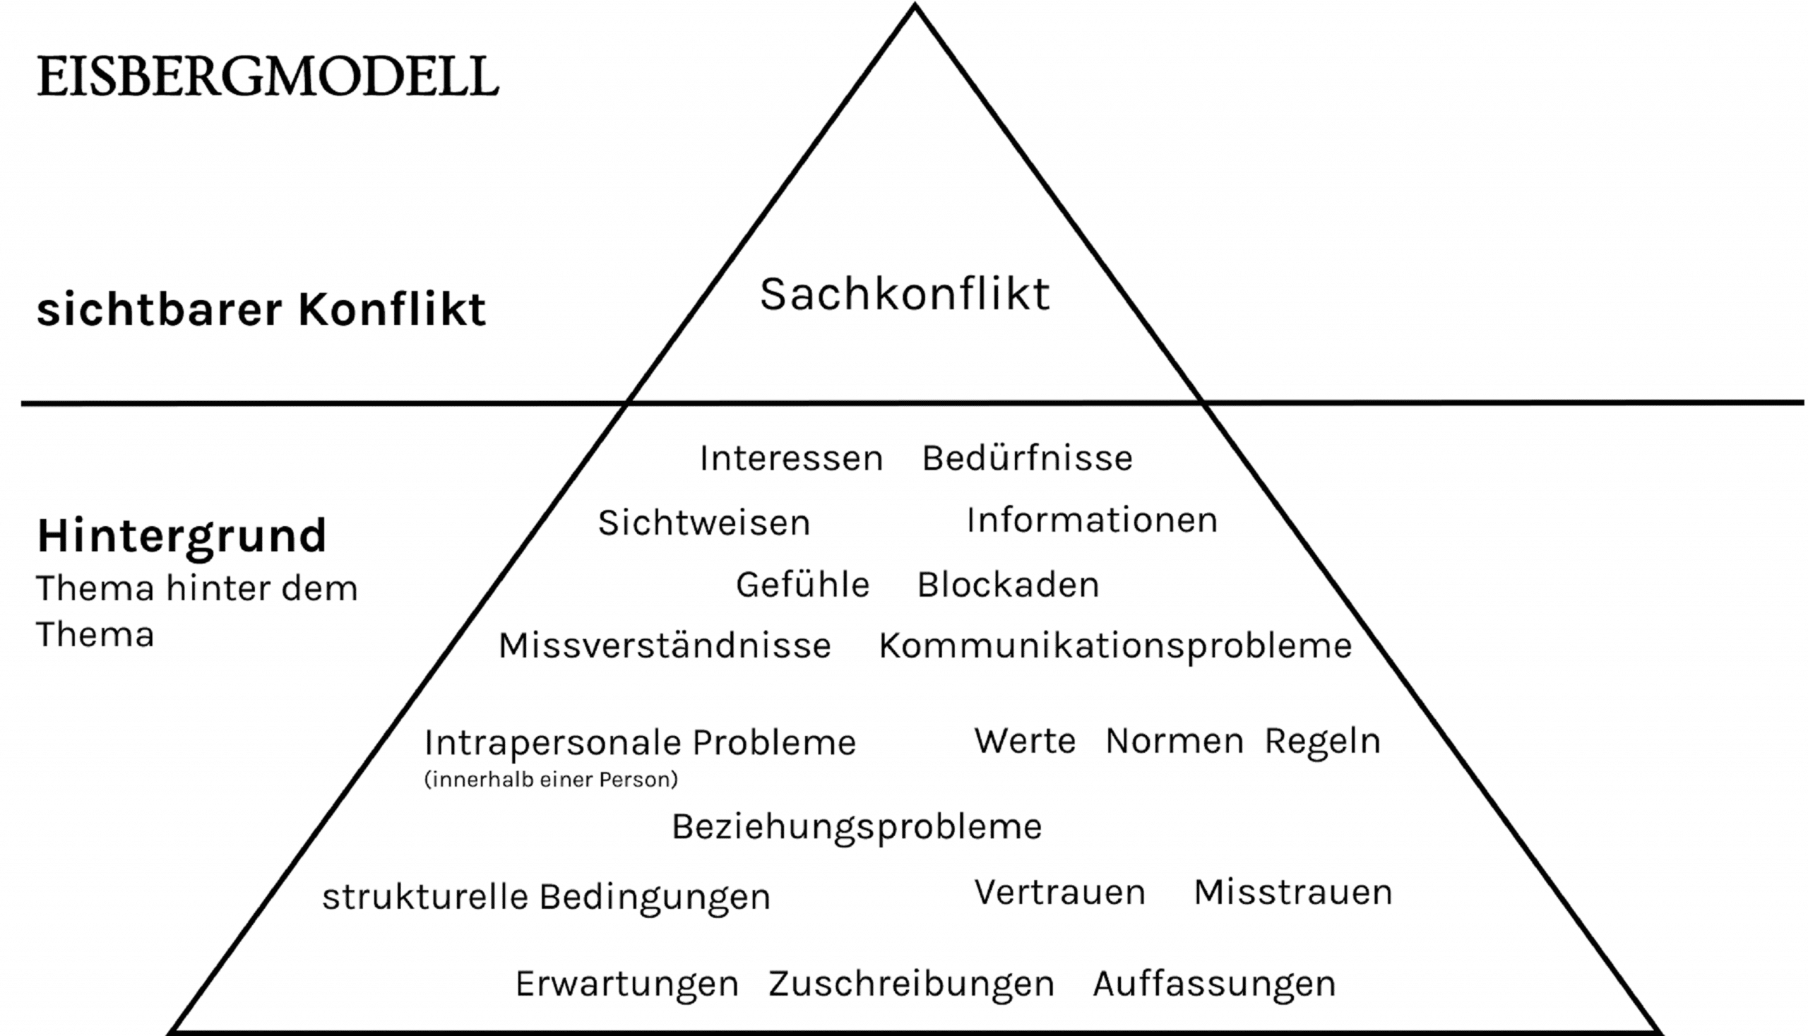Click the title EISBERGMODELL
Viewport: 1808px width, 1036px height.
pyautogui.click(x=268, y=76)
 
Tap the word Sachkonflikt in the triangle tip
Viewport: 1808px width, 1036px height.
pyautogui.click(x=905, y=294)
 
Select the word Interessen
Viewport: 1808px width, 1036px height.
pyautogui.click(x=790, y=458)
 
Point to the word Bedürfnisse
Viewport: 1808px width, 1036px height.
pyautogui.click(x=1027, y=458)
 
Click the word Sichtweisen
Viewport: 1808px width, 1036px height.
pyautogui.click(x=703, y=523)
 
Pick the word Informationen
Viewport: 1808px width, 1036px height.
pyautogui.click(x=1091, y=520)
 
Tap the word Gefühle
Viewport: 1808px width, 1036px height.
pyautogui.click(x=802, y=585)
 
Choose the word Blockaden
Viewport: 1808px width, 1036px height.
pyautogui.click(x=1008, y=585)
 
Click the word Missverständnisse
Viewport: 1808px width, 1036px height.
pyautogui.click(x=665, y=645)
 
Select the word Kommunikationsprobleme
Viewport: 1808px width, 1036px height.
pyautogui.click(x=1115, y=646)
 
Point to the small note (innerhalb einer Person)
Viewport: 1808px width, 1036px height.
pyautogui.click(x=551, y=779)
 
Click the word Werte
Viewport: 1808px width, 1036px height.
pyautogui.click(x=1025, y=741)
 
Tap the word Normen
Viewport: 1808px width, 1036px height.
pyautogui.click(x=1174, y=741)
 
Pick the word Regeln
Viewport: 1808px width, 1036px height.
pyautogui.click(x=1322, y=742)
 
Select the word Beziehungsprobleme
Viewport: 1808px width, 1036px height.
pyautogui.click(x=857, y=827)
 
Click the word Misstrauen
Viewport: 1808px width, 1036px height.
pyautogui.click(x=1292, y=891)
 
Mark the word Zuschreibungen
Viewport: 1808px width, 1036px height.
pyautogui.click(x=911, y=984)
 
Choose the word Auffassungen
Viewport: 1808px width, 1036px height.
pyautogui.click(x=1214, y=984)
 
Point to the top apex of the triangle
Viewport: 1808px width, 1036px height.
pyautogui.click(x=915, y=7)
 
